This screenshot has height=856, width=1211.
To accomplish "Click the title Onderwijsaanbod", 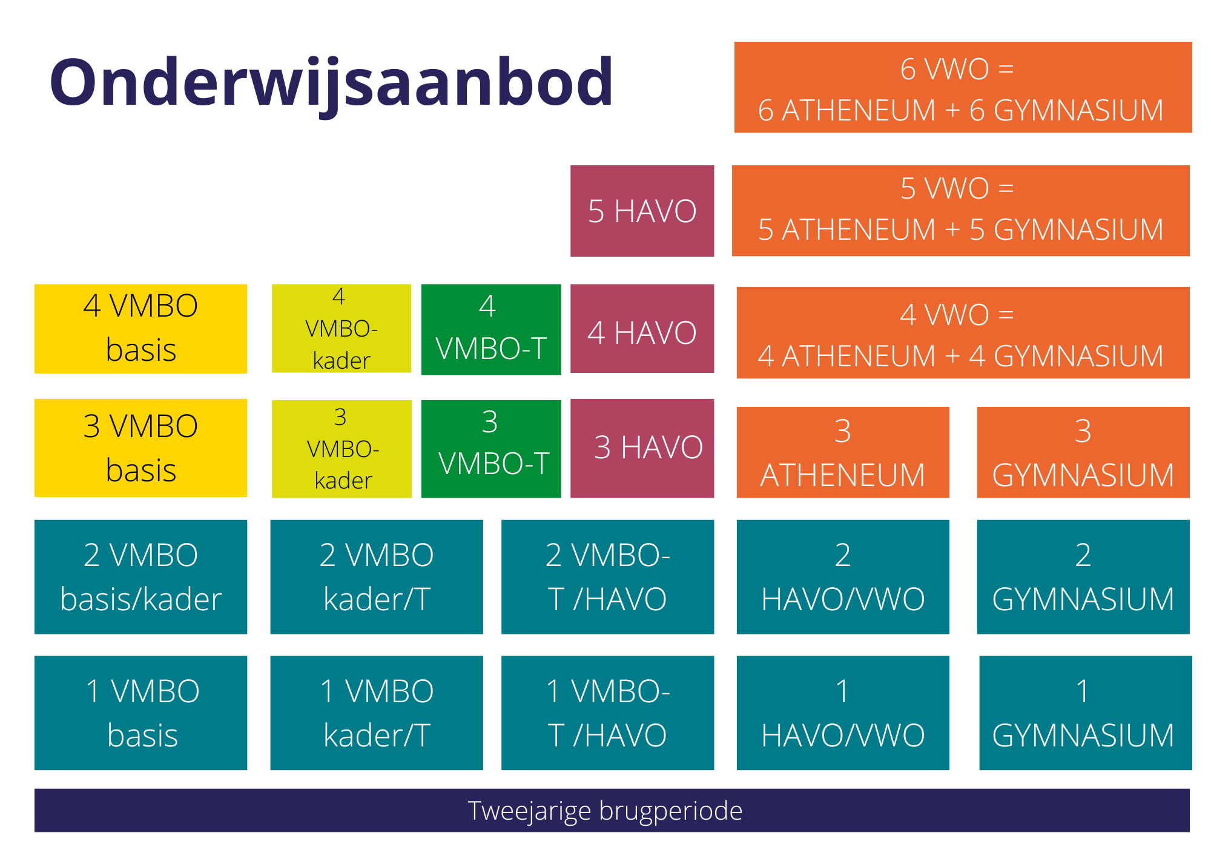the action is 331,83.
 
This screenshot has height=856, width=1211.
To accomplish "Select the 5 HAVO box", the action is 642,211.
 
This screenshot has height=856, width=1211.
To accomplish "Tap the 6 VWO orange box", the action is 963,87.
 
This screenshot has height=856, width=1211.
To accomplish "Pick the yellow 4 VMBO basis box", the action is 140,329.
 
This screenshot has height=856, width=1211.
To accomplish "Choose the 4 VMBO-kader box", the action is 342,328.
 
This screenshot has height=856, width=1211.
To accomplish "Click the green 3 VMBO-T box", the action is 491,449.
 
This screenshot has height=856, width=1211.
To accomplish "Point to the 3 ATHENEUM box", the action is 843,452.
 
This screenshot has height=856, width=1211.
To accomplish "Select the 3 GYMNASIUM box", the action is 1083,452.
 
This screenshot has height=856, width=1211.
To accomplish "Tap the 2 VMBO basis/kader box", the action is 140,577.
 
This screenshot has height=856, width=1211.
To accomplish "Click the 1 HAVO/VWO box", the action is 843,713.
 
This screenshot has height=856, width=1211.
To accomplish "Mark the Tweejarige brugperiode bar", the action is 612,810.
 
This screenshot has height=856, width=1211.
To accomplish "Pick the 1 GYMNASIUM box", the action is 1085,713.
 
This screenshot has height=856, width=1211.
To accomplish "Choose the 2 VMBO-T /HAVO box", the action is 607,577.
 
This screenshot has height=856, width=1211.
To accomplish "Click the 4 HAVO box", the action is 642,329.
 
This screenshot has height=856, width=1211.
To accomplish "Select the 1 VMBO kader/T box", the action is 377,713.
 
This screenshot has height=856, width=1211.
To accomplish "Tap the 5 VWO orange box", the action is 961,211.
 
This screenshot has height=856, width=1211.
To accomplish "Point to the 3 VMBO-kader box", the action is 342,449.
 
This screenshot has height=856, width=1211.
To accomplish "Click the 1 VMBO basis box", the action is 140,713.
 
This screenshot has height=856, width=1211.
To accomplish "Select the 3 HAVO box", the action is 642,449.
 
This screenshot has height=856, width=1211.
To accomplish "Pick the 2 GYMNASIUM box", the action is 1083,577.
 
